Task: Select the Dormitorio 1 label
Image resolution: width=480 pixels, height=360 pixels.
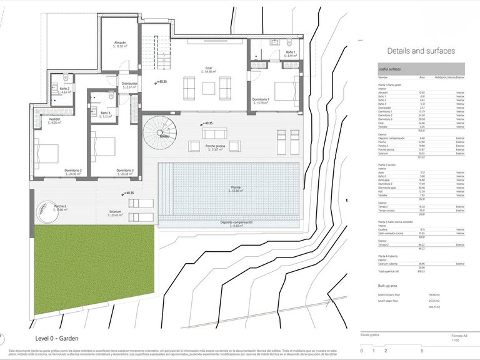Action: (x=260, y=99)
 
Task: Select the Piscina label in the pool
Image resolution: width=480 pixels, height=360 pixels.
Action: (x=235, y=187)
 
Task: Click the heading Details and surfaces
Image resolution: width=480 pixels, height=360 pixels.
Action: (x=421, y=51)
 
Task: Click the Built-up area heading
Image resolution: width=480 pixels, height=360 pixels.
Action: (x=392, y=284)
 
